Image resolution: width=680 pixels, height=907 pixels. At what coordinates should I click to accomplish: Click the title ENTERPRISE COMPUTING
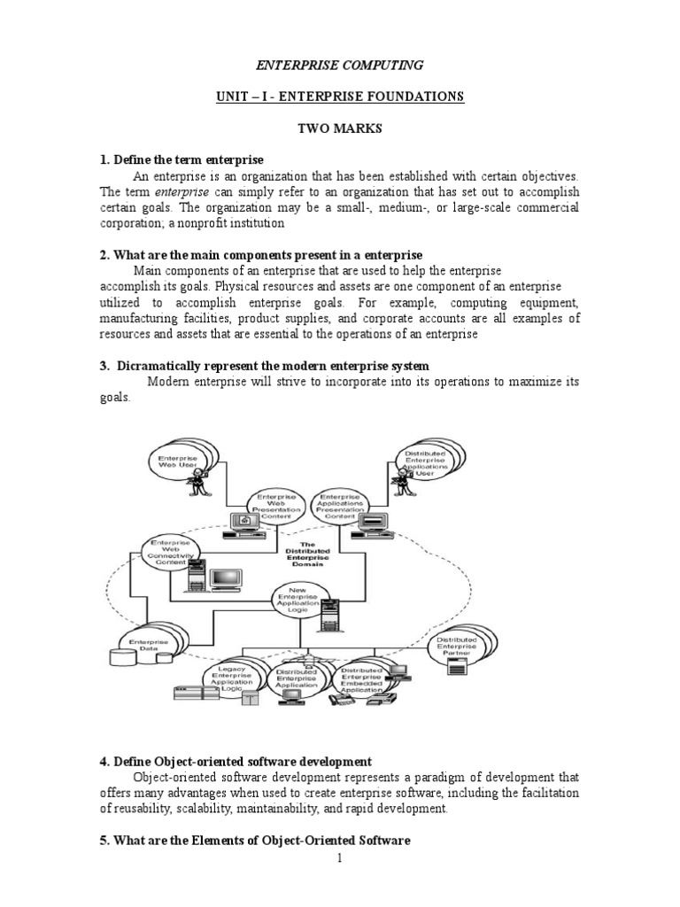(339, 65)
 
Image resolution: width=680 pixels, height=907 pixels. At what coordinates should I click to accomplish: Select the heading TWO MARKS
(339, 128)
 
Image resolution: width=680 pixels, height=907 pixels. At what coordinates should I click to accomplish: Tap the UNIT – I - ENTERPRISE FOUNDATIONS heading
(340, 96)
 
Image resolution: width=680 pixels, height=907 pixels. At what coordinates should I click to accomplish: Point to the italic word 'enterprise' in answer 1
(182, 191)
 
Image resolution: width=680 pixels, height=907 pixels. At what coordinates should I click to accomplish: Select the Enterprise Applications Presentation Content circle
(340, 507)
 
